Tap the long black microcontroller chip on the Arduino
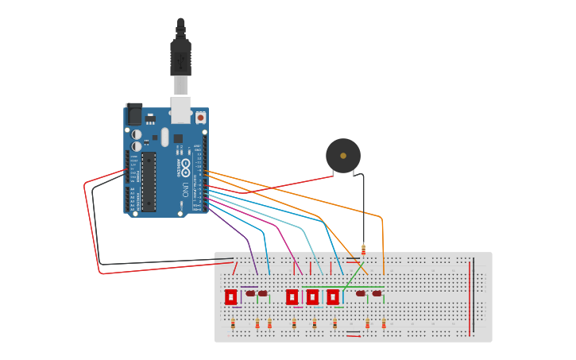[x=149, y=182]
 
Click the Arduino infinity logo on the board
[x=185, y=167]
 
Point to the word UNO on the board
[x=185, y=190]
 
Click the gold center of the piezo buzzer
[x=343, y=156]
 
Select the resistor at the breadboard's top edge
[x=363, y=249]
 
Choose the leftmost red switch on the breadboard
[x=230, y=296]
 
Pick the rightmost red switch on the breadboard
[x=333, y=296]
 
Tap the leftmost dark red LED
[x=250, y=293]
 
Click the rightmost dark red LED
[x=377, y=293]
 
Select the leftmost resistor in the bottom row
[x=233, y=323]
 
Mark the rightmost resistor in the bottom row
[x=384, y=323]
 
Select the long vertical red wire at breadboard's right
[x=470, y=294]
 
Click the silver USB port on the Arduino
[x=181, y=109]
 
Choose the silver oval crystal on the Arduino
[x=165, y=137]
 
